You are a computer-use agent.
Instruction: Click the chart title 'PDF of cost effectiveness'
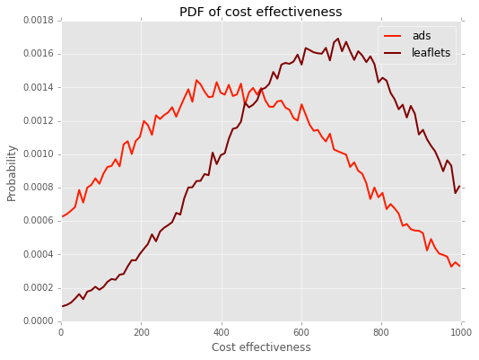pyautogui.click(x=260, y=12)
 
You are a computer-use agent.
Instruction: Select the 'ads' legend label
pyautogui.click(x=422, y=36)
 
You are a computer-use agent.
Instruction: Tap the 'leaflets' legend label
pyautogui.click(x=431, y=53)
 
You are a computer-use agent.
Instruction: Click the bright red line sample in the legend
pyautogui.click(x=393, y=36)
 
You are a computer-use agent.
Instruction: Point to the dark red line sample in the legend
pyautogui.click(x=393, y=53)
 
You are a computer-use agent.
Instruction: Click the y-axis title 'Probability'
pyautogui.click(x=12, y=174)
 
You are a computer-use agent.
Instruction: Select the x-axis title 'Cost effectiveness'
pyautogui.click(x=261, y=347)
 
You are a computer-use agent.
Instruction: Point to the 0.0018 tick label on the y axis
pyautogui.click(x=39, y=21)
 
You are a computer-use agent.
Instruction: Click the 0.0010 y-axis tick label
pyautogui.click(x=39, y=154)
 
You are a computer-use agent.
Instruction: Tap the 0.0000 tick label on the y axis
pyautogui.click(x=39, y=321)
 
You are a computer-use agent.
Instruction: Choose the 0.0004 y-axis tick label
pyautogui.click(x=39, y=254)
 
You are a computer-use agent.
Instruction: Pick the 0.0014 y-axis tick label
pyautogui.click(x=39, y=88)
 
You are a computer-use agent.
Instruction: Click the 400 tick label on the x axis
pyautogui.click(x=222, y=332)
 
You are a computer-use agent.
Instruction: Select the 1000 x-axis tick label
pyautogui.click(x=461, y=332)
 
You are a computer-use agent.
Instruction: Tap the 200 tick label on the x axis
pyautogui.click(x=142, y=332)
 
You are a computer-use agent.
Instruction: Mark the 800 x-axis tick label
pyautogui.click(x=381, y=332)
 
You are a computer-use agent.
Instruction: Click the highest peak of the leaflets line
pyautogui.click(x=338, y=39)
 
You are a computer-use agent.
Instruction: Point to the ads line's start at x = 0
pyautogui.click(x=62, y=216)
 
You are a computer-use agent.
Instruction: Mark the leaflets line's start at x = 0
pyautogui.click(x=62, y=306)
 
